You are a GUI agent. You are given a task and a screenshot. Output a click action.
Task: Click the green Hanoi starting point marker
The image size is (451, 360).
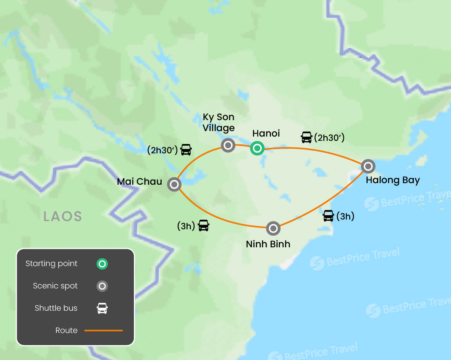point(257,148)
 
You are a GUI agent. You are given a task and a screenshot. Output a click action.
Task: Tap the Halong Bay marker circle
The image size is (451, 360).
point(368,166)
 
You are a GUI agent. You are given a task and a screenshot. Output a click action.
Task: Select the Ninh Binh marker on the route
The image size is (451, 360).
point(273,228)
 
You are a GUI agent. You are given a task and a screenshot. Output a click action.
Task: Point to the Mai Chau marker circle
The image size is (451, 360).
point(174,184)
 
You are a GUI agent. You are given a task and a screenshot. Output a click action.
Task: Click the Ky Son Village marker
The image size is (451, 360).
point(228,145)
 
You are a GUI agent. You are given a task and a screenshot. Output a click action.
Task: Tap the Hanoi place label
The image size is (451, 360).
point(266,133)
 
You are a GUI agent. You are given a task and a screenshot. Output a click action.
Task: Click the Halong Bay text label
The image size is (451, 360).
point(393,180)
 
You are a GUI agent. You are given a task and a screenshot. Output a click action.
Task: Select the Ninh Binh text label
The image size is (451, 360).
point(268,244)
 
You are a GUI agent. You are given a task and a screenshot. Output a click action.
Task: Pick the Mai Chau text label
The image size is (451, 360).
point(140,182)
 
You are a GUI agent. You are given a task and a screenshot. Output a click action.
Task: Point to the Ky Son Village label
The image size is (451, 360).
point(219,122)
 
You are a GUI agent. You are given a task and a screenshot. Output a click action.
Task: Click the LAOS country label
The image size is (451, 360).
point(63,216)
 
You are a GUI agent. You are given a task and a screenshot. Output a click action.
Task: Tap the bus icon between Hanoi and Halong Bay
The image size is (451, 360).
point(307,137)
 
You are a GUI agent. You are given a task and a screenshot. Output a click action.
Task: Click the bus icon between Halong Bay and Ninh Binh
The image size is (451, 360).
point(328,216)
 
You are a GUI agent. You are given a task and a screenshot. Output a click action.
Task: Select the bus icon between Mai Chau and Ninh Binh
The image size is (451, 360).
point(204,225)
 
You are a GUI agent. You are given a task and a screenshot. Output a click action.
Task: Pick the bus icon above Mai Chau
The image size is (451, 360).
point(186,149)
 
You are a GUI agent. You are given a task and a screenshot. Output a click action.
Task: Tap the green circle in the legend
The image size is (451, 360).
point(102,264)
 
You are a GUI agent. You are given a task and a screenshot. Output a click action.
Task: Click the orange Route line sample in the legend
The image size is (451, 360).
point(104,330)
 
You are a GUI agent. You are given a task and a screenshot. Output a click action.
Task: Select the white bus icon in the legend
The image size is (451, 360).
point(102,308)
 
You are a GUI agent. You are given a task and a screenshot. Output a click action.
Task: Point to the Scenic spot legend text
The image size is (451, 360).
point(55,286)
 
